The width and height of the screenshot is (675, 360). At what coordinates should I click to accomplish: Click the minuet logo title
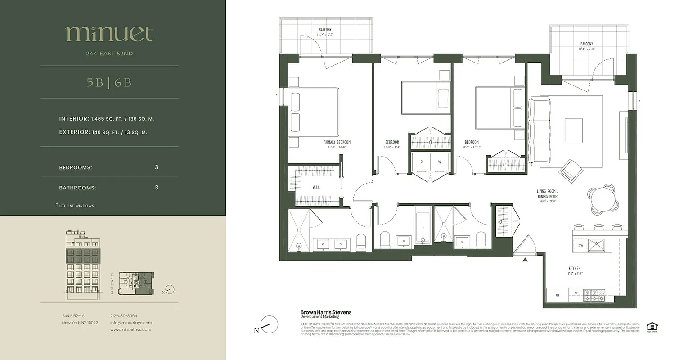click(x=109, y=34)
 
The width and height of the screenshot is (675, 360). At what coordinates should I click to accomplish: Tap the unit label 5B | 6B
click(x=109, y=83)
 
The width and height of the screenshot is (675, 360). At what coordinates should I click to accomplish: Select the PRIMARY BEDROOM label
click(x=337, y=142)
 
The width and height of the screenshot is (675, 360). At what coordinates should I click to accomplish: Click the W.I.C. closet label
click(x=316, y=187)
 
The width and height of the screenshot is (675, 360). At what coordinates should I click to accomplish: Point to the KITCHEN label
click(x=574, y=269)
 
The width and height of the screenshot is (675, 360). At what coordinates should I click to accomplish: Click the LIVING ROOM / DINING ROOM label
click(x=547, y=194)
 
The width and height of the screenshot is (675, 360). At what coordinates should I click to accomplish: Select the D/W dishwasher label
click(x=580, y=246)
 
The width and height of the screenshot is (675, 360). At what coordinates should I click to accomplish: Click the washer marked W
click(x=440, y=161)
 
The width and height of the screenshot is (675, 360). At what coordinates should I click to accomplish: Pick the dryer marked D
click(x=422, y=161)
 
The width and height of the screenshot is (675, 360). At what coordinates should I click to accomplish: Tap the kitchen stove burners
click(x=594, y=295)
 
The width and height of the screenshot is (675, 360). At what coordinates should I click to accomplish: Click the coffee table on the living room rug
click(x=573, y=130)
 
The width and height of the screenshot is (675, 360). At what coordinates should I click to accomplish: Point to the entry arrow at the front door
click(x=525, y=260)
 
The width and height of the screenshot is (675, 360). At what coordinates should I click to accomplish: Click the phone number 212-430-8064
click(x=124, y=316)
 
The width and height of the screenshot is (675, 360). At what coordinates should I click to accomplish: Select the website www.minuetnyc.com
click(x=131, y=329)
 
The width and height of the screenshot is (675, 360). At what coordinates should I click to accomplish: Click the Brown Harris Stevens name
click(x=326, y=312)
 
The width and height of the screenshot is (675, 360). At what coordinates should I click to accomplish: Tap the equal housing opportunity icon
click(x=651, y=327)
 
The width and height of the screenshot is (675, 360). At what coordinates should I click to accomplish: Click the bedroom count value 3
click(x=157, y=167)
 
